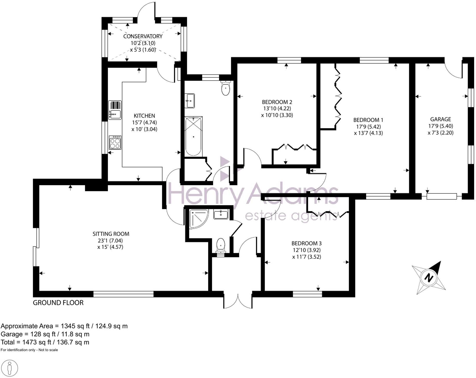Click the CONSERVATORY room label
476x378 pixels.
[x=143, y=36]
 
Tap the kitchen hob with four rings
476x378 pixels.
[x=115, y=143]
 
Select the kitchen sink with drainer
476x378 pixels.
[x=115, y=110]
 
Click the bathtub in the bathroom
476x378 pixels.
[x=193, y=136]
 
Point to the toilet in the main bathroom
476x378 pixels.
[x=226, y=88]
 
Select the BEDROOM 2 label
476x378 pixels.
[x=277, y=102]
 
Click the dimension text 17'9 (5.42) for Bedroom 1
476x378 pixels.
[x=368, y=127]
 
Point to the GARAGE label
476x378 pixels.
[x=440, y=119]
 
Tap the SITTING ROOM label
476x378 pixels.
[x=111, y=234]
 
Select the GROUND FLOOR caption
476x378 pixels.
[x=58, y=303]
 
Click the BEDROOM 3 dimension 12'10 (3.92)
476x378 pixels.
[x=306, y=250]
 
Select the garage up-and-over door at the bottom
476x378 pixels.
[x=441, y=197]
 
